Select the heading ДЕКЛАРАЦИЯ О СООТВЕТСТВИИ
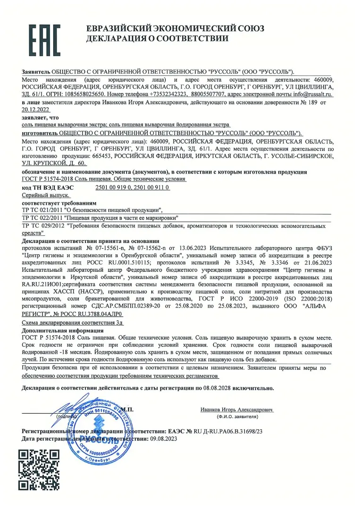(x=156, y=39)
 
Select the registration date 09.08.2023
(x=160, y=439)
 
